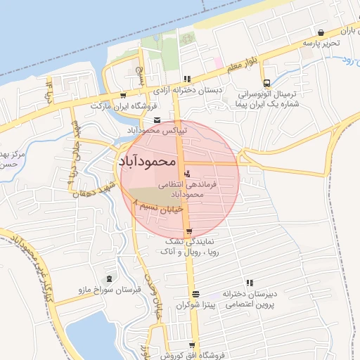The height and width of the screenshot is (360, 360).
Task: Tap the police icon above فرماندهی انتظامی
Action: pyautogui.click(x=186, y=174)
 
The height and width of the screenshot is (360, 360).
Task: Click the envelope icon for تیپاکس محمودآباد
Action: pyautogui.click(x=156, y=120)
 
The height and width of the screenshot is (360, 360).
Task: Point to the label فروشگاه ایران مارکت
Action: pyautogui.click(x=118, y=105)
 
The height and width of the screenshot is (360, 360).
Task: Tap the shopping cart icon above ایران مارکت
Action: pyautogui.click(x=124, y=95)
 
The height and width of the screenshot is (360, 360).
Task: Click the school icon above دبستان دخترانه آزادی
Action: pyautogui.click(x=186, y=79)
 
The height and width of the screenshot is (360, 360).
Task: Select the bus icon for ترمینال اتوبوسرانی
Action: pyautogui.click(x=266, y=83)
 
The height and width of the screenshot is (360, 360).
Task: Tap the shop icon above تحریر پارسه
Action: pyautogui.click(x=321, y=32)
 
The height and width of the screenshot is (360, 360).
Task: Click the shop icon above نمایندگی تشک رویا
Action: pyautogui.click(x=189, y=231)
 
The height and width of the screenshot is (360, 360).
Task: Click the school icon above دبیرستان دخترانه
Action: pyautogui.click(x=249, y=282)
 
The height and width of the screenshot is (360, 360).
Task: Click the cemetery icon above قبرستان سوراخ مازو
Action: pyautogui.click(x=108, y=279)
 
